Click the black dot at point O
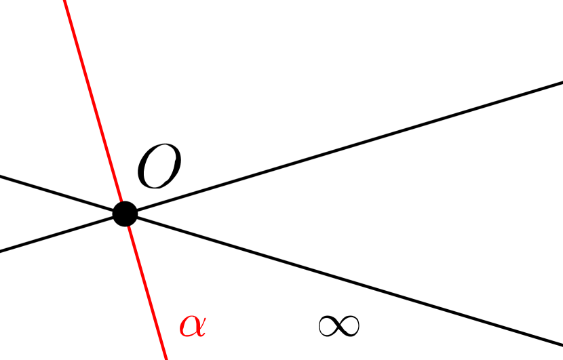click(125, 214)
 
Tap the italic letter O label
click(159, 168)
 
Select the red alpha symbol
click(192, 326)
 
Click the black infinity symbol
click(338, 326)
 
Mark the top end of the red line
click(65, 2)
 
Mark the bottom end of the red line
click(166, 357)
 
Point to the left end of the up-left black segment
click(2, 177)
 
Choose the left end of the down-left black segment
click(2, 251)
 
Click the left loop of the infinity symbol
click(328, 326)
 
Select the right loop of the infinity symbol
click(349, 326)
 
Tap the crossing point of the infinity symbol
click(338, 326)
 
